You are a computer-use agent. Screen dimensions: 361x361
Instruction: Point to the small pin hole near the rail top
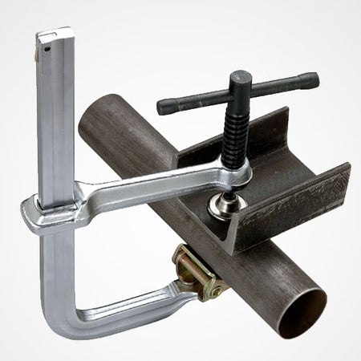(x=51, y=47)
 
